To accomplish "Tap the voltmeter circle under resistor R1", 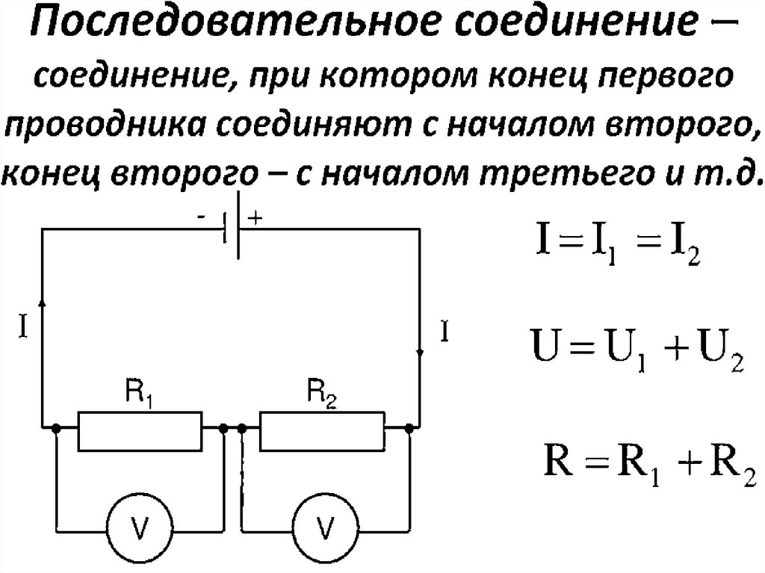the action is [x=139, y=526].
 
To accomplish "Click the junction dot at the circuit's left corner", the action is [x=57, y=429].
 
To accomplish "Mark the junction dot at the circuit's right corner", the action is [x=409, y=429].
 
